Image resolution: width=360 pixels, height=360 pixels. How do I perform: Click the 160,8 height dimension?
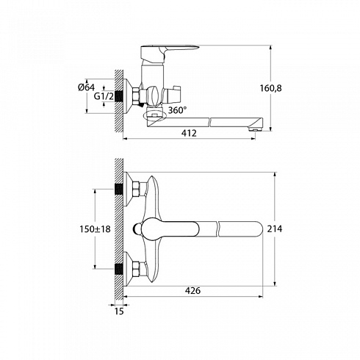[270, 88]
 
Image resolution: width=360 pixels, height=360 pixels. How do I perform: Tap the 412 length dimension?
[189, 133]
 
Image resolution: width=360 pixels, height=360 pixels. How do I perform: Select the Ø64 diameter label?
[86, 87]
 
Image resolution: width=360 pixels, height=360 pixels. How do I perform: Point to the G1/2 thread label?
[104, 96]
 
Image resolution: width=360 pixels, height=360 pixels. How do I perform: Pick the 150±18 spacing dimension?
[95, 229]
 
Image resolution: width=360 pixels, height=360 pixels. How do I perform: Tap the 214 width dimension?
[275, 229]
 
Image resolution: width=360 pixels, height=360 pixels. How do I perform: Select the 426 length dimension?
[192, 291]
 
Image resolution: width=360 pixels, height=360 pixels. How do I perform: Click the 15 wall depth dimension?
[119, 312]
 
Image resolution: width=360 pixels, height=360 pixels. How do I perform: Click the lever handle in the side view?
[170, 53]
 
